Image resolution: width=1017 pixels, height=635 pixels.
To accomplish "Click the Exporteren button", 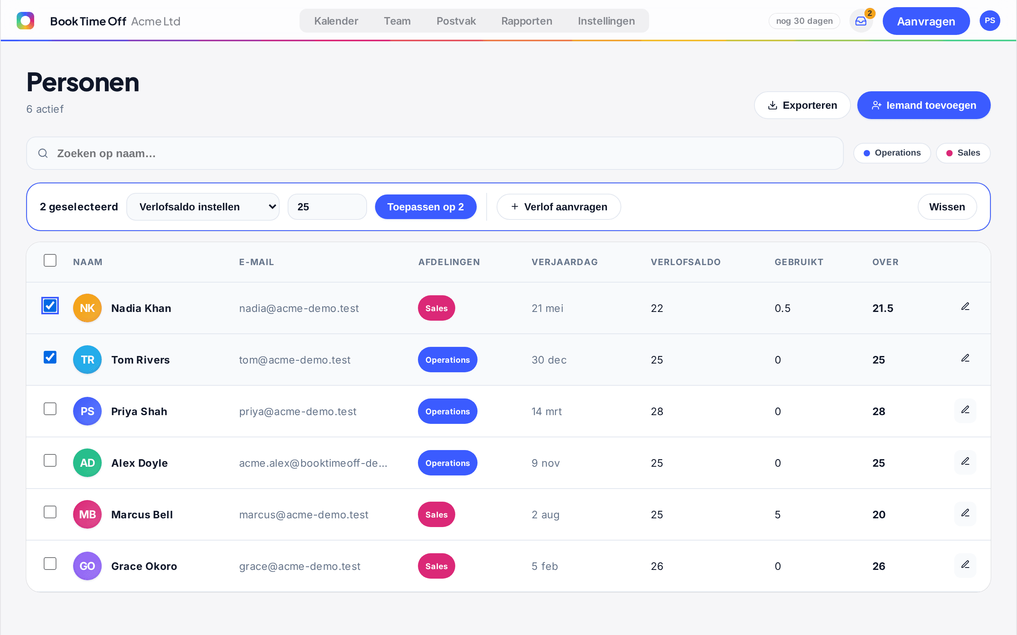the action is tap(802, 105).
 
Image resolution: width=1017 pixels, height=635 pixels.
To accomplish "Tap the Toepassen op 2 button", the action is tap(425, 207).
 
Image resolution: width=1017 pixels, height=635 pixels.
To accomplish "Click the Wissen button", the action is tap(947, 207).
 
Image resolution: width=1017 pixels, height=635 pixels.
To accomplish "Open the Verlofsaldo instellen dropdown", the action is tap(203, 207).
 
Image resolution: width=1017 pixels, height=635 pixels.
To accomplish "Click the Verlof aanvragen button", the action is tap(559, 207).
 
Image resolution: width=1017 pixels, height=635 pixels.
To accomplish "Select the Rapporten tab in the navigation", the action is tap(526, 21).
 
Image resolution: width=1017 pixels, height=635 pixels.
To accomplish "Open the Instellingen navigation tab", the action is tap(606, 21).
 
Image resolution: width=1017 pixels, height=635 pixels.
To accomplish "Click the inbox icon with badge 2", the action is tap(860, 21).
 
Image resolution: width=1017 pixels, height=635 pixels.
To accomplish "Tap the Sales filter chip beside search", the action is tap(963, 153).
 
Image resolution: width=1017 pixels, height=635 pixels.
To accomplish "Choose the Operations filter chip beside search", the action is tap(892, 153).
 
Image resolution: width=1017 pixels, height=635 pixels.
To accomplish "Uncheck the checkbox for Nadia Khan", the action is tap(50, 305).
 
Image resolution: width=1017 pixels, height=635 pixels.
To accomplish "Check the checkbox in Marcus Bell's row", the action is tap(50, 512).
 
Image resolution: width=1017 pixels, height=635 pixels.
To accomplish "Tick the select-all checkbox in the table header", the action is tap(50, 260).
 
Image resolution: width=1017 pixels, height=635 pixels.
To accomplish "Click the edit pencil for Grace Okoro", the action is tap(965, 565).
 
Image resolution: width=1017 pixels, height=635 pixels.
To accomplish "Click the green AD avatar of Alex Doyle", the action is tap(87, 463).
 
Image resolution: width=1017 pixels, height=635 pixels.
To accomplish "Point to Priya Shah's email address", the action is tap(298, 412).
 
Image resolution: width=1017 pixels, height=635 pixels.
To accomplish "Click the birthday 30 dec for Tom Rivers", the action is tap(549, 360).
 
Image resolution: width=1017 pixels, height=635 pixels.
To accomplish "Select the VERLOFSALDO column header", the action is tap(685, 262).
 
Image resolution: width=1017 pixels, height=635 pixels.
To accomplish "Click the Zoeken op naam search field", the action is tap(435, 153).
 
